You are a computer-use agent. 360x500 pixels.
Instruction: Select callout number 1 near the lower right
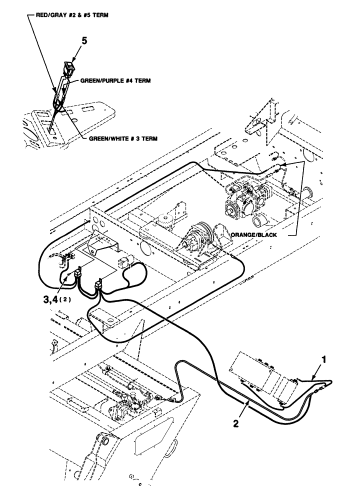pyautogui.click(x=323, y=358)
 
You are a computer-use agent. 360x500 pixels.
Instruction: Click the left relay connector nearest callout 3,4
pyautogui.click(x=78, y=274)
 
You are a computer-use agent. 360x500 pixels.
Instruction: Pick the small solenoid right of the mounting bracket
pyautogui.click(x=124, y=263)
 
